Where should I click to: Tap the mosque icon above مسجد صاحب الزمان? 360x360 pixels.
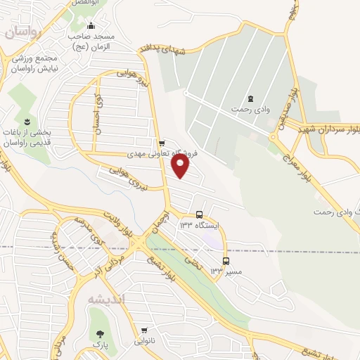pos(91,26)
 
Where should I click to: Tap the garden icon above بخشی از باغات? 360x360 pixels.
pos(28,122)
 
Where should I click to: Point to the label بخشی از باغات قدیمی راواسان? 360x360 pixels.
pos(27,138)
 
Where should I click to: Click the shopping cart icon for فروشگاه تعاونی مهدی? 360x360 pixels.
pos(162,142)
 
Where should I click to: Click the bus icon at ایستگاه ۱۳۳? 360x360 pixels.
pos(200,214)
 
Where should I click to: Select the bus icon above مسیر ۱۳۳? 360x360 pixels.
pos(225,261)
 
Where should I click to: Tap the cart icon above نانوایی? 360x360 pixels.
pos(145,330)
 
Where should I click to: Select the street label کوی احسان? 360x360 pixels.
pos(98,116)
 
